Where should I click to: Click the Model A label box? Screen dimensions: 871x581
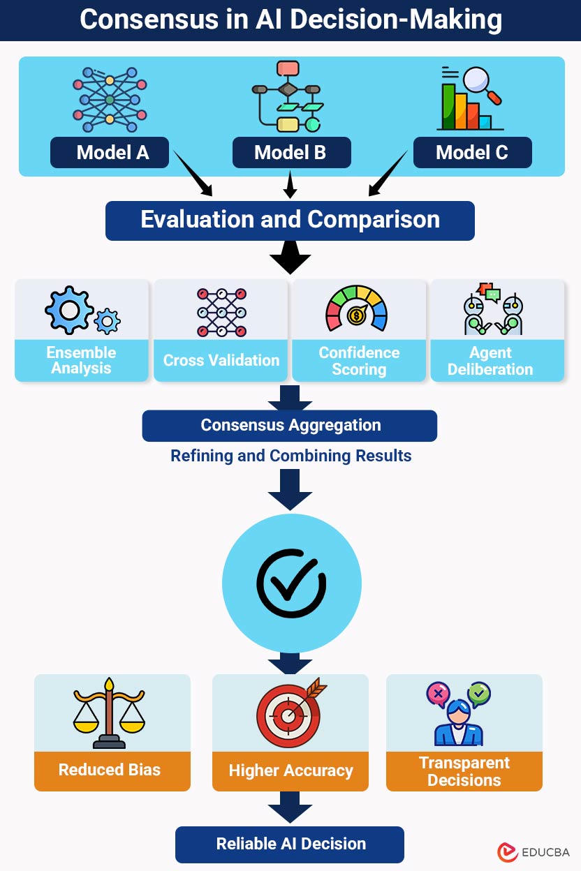110,153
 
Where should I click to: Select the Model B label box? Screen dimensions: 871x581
291,153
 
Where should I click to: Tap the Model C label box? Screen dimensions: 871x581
472,153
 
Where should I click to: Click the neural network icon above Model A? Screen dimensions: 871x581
110,100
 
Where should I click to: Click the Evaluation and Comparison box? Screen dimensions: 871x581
290,220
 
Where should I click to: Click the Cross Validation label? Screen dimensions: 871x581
221,360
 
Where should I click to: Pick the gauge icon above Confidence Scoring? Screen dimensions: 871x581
356,308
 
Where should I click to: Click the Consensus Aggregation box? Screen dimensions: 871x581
290,426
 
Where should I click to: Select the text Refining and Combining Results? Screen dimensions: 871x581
290,456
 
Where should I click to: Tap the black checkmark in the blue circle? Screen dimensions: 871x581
290,584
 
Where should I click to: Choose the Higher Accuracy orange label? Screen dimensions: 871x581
290,771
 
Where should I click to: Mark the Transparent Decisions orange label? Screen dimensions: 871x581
464,771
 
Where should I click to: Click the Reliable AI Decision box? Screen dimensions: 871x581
290,844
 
